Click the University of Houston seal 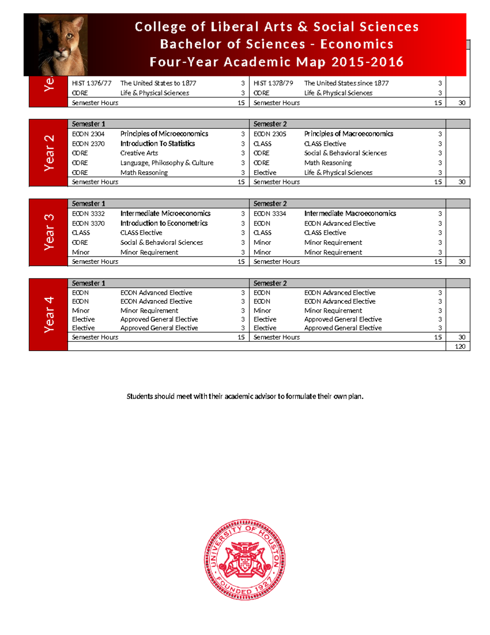tap(245, 559)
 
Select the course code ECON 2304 tap(88, 134)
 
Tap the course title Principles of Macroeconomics tap(348, 134)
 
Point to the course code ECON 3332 tap(88, 213)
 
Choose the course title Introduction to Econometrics tap(164, 223)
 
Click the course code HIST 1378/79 tap(273, 83)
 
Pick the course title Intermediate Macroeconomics tap(350, 213)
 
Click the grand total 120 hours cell tap(460, 346)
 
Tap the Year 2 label tap(49, 153)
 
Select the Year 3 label tap(49, 232)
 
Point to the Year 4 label tap(49, 314)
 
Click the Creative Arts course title tap(139, 153)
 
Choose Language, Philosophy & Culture tap(167, 163)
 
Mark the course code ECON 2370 tap(88, 144)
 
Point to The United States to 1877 tap(158, 83)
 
